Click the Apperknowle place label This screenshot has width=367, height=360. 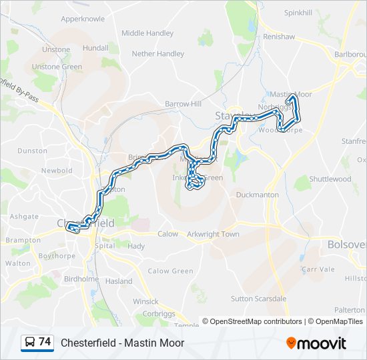click(83, 19)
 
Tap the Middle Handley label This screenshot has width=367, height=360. click(147, 33)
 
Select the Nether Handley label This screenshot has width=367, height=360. click(157, 54)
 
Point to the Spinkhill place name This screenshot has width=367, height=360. click(298, 13)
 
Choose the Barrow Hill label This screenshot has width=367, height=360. click(183, 104)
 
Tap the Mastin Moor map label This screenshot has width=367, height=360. click(291, 95)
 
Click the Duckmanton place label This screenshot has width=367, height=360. click(257, 195)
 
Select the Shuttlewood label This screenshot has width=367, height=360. click(330, 179)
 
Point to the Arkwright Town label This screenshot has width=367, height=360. click(213, 235)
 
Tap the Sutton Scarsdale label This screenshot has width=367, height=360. click(258, 299)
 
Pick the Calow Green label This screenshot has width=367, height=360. click(170, 271)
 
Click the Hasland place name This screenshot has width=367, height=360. click(119, 282)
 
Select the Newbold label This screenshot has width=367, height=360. click(56, 171)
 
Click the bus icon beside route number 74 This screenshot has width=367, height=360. click(29, 343)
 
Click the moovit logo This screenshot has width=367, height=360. click(316, 343)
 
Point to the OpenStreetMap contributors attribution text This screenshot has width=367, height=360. click(252, 321)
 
